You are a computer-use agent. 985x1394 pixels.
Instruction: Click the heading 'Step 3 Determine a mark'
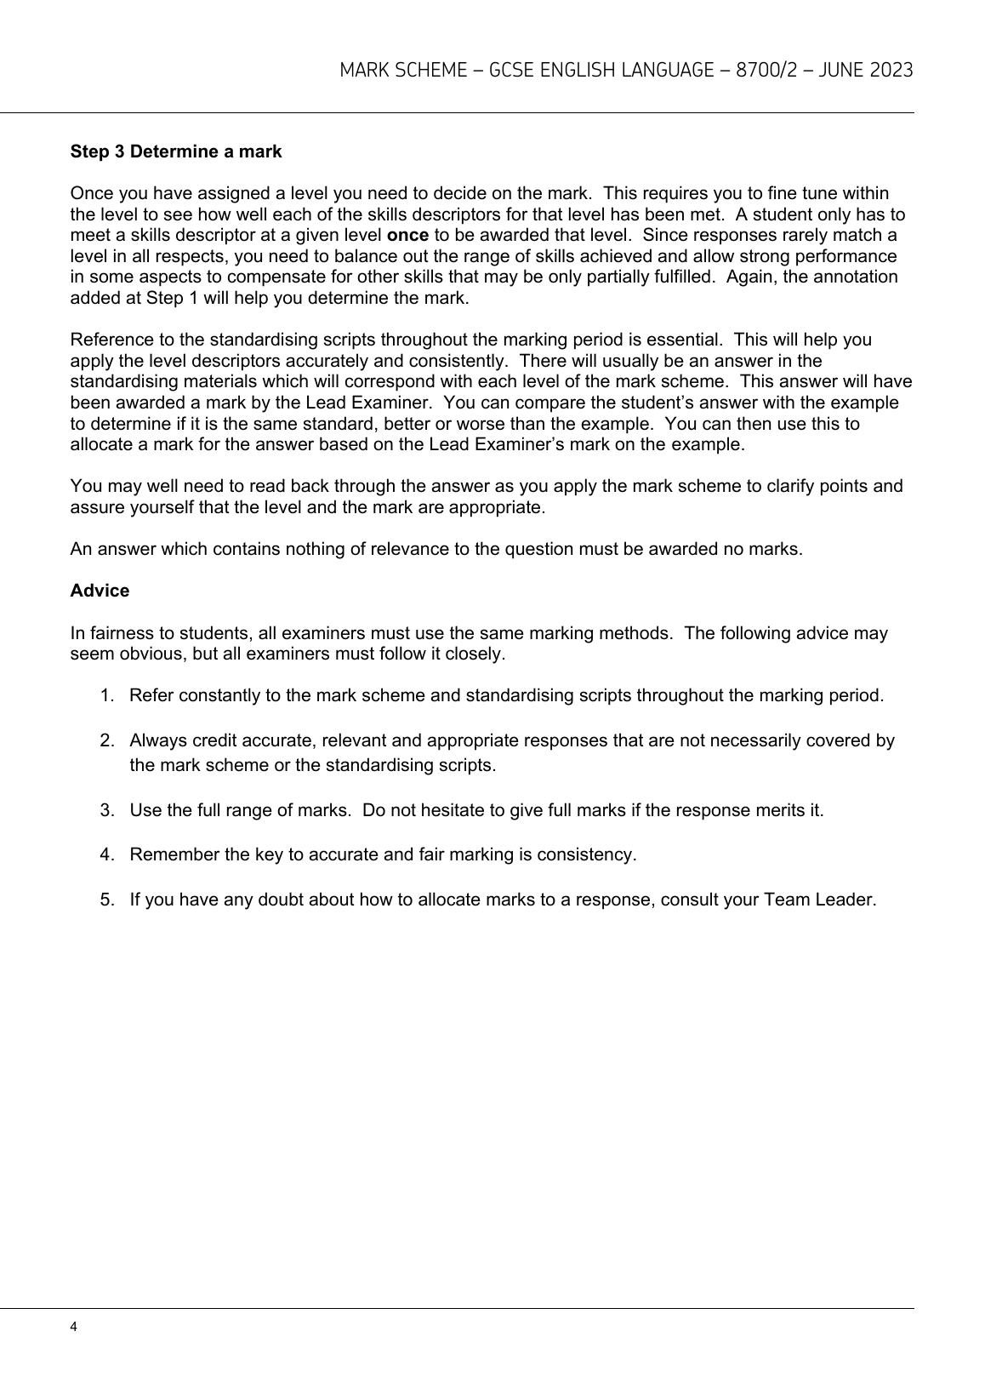click(175, 151)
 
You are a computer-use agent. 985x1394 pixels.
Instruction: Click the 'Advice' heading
click(100, 591)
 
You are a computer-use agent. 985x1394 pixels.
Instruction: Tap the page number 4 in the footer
click(74, 1327)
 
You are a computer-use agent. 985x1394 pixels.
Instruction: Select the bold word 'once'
click(407, 235)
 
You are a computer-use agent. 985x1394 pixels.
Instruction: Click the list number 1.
click(106, 695)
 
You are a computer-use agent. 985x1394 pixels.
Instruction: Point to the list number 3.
click(106, 809)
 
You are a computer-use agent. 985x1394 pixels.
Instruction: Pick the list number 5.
click(106, 899)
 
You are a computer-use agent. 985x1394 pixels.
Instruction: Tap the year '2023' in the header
click(891, 70)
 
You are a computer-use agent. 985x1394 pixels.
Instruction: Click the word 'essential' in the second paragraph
click(679, 340)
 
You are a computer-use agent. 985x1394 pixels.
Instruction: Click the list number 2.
click(106, 740)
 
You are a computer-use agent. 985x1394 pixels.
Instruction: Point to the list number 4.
click(106, 854)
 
